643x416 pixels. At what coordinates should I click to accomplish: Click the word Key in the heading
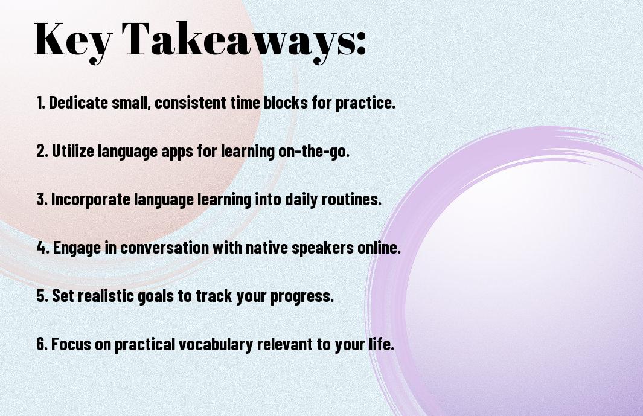tap(71, 39)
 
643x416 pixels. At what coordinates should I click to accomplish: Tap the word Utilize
tap(69, 151)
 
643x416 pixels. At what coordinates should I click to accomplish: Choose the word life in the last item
tap(381, 345)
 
